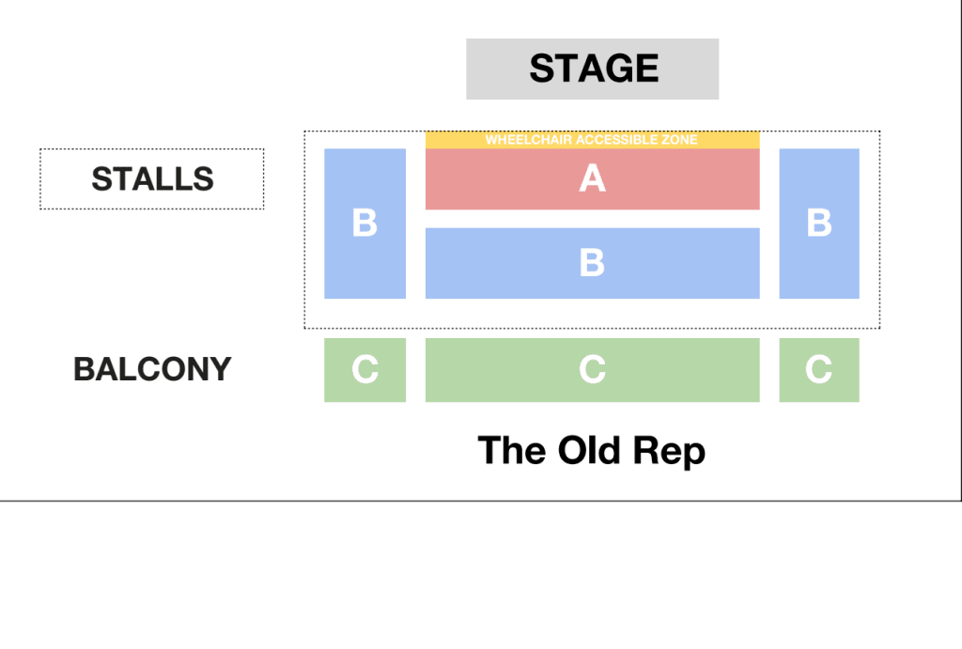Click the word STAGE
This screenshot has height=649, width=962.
point(594,68)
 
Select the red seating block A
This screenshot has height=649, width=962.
point(592,179)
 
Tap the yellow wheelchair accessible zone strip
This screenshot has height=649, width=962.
point(592,140)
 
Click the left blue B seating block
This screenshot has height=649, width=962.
point(365,224)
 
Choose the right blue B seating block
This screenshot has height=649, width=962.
point(819,224)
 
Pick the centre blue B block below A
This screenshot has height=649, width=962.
point(592,263)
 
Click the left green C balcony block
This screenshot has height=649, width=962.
point(365,370)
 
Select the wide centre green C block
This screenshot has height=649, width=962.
point(592,370)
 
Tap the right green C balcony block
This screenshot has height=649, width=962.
point(819,370)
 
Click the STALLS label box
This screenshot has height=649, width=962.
point(152,179)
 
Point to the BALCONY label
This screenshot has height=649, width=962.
point(152,369)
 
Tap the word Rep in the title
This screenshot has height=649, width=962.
point(669,453)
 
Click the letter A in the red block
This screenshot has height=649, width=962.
point(592,178)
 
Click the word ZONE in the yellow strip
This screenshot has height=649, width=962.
point(678,140)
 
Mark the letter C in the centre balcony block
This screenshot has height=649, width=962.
point(592,369)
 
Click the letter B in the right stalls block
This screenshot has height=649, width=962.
point(819,223)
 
